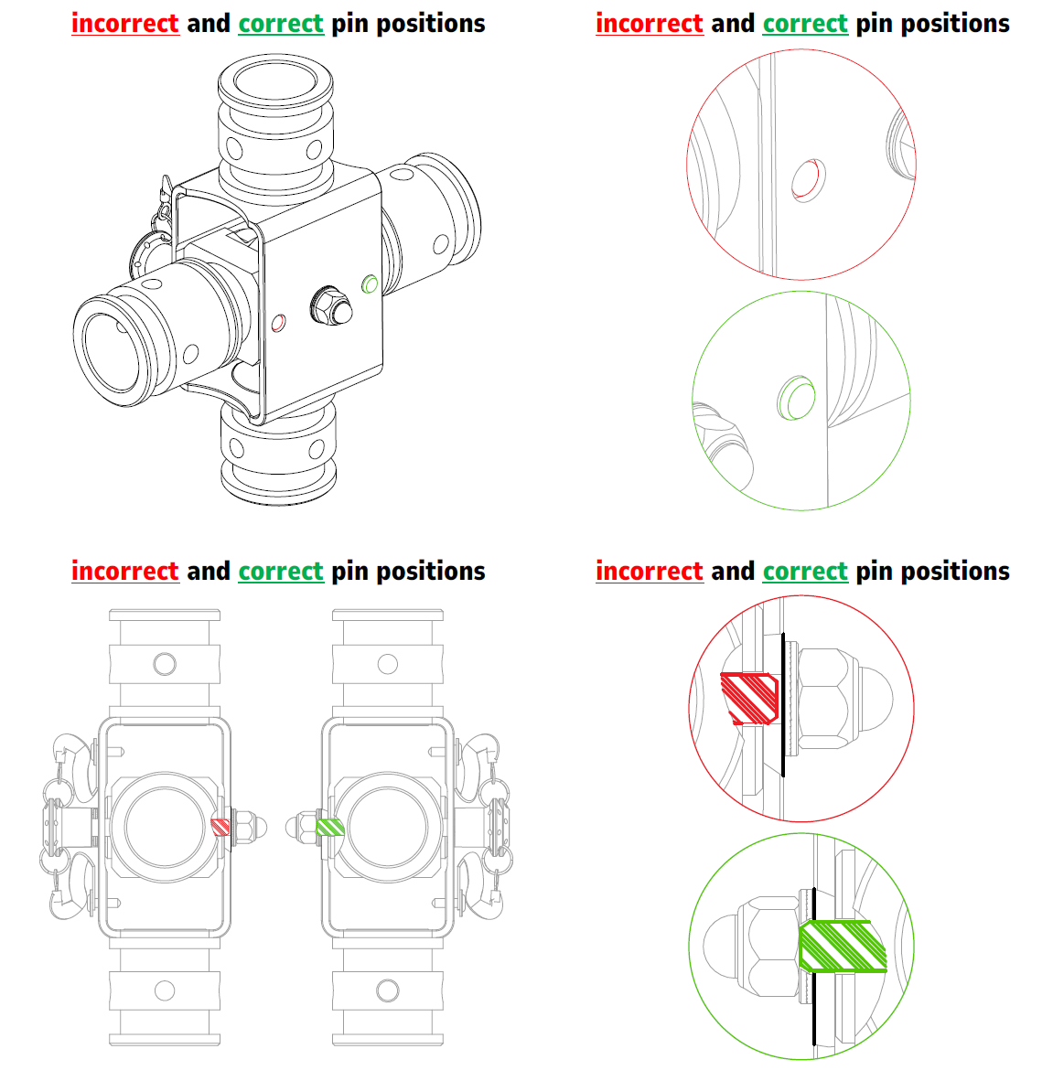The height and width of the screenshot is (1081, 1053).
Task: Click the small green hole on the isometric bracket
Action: [x=370, y=284]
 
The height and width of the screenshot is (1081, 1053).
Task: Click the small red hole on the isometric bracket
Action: [x=279, y=323]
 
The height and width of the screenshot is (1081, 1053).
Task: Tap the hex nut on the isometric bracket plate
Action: [x=331, y=305]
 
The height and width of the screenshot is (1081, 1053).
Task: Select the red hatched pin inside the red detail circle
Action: [x=749, y=699]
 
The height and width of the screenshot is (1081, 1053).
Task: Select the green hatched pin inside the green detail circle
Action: [x=842, y=946]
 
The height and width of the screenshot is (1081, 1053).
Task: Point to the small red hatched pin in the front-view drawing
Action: [x=220, y=827]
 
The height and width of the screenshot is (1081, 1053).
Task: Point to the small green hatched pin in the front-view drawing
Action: [x=330, y=827]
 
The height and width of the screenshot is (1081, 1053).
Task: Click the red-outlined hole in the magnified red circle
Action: [x=808, y=180]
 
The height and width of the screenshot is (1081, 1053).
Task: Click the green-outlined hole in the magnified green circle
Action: [x=797, y=398]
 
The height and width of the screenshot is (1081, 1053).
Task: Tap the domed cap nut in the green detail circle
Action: [x=755, y=946]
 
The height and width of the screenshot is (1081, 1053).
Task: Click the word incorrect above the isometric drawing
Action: [x=125, y=24]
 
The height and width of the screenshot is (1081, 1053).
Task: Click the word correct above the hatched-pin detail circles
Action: [x=805, y=572]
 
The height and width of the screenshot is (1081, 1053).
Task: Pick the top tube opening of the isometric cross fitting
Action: [x=275, y=80]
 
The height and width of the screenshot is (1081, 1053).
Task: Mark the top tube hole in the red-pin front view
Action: [x=165, y=664]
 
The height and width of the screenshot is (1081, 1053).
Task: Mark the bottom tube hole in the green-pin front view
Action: [x=388, y=990]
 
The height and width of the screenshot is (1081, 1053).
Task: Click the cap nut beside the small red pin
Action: [x=250, y=827]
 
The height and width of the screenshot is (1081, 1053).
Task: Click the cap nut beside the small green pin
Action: [x=302, y=827]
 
